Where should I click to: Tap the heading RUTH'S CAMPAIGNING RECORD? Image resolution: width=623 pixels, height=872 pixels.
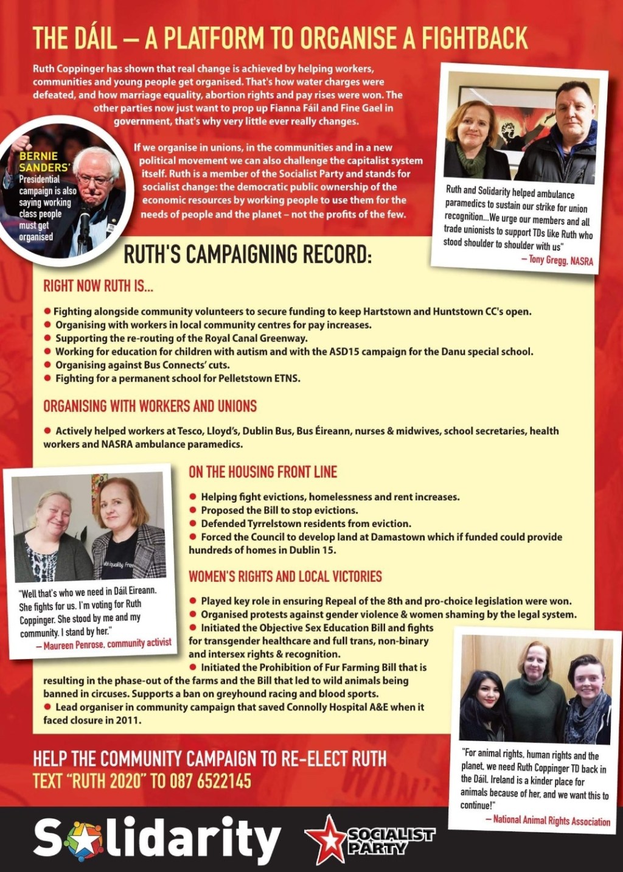[x=247, y=255]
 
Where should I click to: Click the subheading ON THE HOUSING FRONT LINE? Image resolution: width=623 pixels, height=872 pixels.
[x=262, y=472]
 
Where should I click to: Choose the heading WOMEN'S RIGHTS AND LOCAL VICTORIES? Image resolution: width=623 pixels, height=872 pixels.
[x=285, y=576]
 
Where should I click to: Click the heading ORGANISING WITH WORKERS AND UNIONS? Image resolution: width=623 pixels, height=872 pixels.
[x=150, y=406]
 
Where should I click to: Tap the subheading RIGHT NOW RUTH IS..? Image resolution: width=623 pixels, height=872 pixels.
[x=98, y=286]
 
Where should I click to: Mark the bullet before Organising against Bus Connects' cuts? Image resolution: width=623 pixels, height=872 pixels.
[x=47, y=365]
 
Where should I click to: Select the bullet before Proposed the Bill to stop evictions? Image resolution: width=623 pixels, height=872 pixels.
[x=193, y=510]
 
